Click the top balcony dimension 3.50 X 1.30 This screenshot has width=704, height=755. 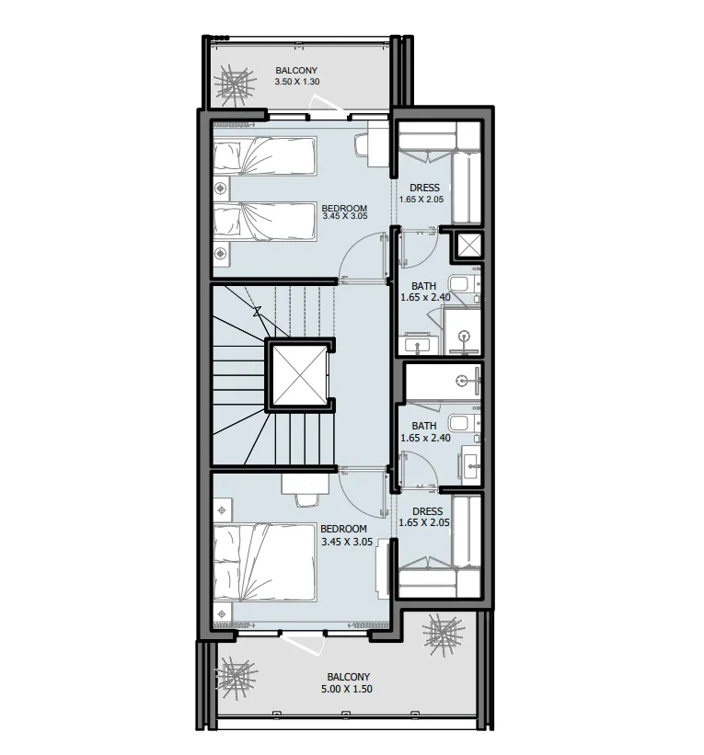click(x=297, y=81)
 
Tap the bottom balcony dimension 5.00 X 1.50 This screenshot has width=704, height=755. click(x=346, y=689)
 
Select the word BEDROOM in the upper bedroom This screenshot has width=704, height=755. click(x=344, y=209)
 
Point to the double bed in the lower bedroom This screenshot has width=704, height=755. click(x=265, y=563)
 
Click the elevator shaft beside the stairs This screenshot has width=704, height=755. click(x=300, y=375)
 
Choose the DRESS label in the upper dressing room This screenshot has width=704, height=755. click(x=424, y=188)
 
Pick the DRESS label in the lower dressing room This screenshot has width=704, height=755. click(x=427, y=511)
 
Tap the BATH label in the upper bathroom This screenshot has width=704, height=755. click(x=423, y=287)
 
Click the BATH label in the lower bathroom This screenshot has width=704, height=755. click(x=424, y=426)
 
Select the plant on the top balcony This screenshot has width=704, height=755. click(x=235, y=86)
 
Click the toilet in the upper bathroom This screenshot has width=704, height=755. click(x=459, y=283)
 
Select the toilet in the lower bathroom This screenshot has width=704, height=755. click(x=459, y=423)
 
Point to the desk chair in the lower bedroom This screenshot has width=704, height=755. click(x=306, y=499)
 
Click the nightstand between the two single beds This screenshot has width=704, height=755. click(x=221, y=188)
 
